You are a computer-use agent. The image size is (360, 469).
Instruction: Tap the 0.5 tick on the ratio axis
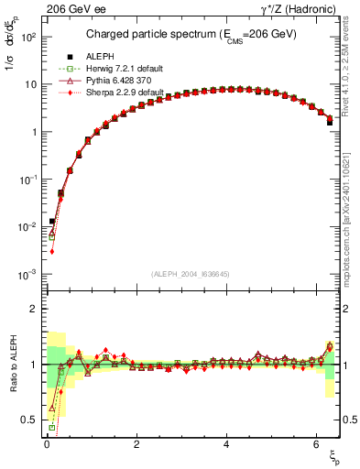point(28,420)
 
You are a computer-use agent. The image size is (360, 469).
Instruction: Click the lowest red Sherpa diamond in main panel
point(52,251)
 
